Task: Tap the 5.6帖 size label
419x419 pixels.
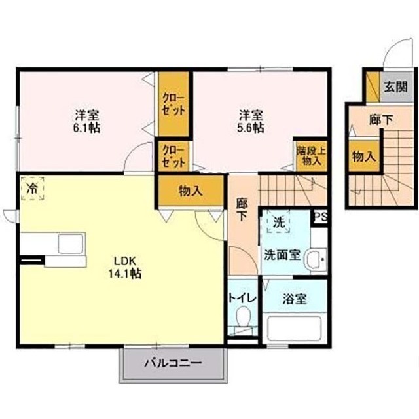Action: (251, 128)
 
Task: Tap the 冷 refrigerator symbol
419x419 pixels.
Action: (31, 188)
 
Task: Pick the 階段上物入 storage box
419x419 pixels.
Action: (311, 155)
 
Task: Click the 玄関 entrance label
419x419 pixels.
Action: (394, 86)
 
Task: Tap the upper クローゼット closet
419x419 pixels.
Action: (173, 103)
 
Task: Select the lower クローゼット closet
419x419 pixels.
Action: (173, 156)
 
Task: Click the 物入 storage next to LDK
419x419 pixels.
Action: (191, 191)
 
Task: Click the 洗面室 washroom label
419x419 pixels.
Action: (283, 253)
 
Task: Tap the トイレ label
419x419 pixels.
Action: (242, 298)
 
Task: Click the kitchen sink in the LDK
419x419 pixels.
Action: (69, 244)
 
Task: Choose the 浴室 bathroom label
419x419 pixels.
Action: (295, 299)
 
